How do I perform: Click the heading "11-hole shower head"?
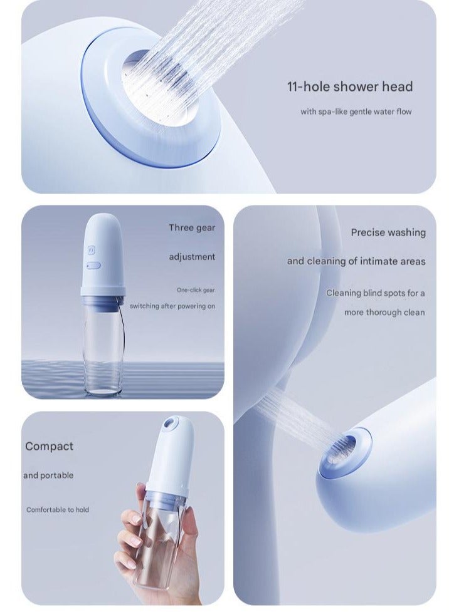click(350, 86)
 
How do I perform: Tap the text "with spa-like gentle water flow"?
click(356, 112)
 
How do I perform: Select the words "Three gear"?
click(191, 227)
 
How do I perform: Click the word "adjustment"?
click(191, 257)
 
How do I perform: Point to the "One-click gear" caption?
click(195, 290)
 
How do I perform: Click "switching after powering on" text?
click(172, 306)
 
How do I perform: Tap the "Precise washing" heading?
click(388, 232)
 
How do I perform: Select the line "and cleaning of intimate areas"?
click(356, 261)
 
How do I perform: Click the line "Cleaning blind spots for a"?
click(375, 293)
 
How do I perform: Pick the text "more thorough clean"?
click(384, 312)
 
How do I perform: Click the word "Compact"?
click(49, 447)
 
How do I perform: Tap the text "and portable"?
click(48, 475)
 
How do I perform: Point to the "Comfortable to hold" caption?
click(58, 510)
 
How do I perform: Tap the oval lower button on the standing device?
click(93, 265)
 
